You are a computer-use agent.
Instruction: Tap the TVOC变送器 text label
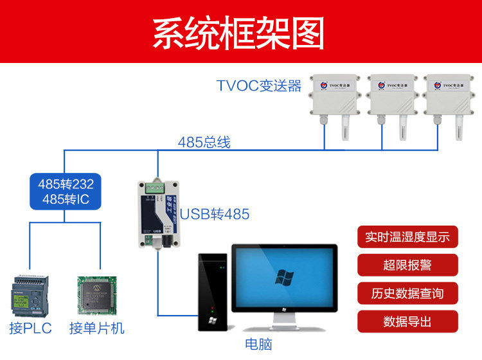258,86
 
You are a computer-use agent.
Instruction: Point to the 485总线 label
204,142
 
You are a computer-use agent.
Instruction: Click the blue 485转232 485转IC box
66,192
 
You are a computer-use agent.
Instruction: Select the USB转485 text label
215,214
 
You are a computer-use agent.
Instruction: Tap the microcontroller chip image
96,296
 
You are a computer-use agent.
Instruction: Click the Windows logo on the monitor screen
284,278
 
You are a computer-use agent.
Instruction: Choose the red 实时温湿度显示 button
407,236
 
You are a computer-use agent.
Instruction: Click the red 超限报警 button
407,264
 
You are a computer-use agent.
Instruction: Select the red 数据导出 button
407,321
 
